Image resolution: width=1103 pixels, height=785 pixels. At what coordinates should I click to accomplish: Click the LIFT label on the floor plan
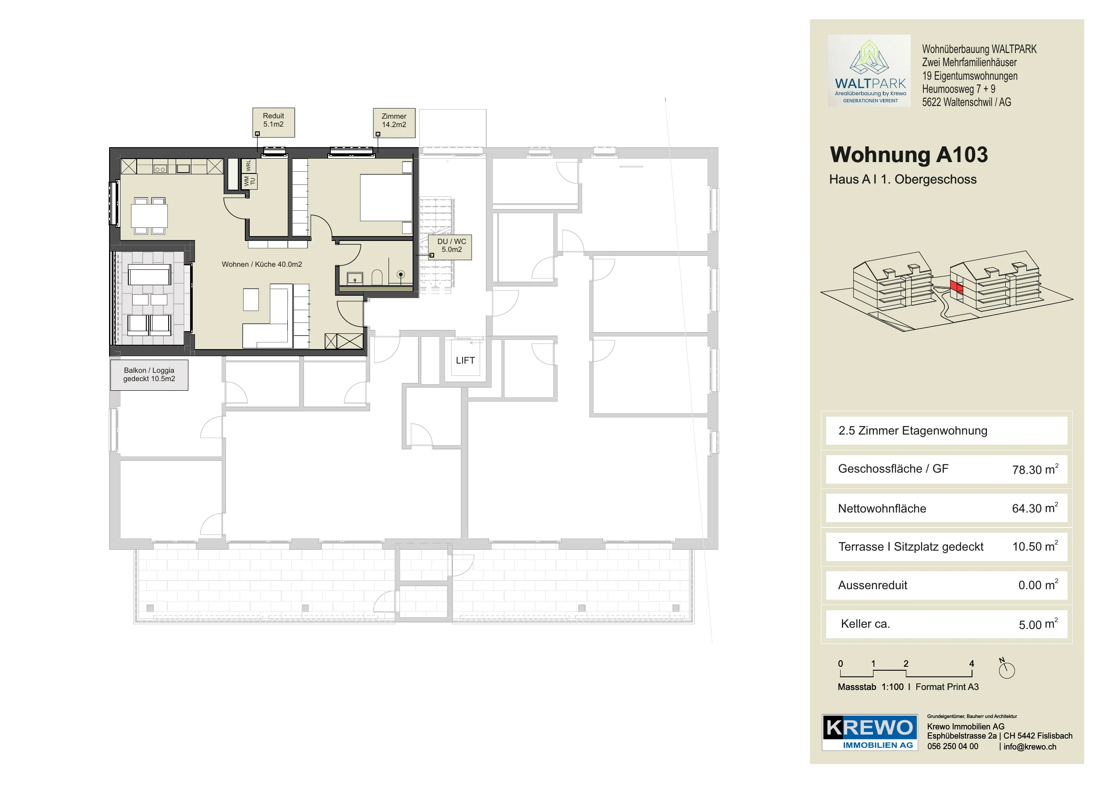pyautogui.click(x=465, y=360)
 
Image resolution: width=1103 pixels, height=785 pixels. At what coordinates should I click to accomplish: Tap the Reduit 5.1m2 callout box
pyautogui.click(x=274, y=122)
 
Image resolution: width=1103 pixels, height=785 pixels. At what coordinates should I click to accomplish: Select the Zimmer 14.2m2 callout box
pyautogui.click(x=394, y=123)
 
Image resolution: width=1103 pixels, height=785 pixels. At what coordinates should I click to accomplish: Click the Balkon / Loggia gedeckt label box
pyautogui.click(x=149, y=375)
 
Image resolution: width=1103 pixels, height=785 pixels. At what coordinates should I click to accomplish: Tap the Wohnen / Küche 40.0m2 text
pyautogui.click(x=262, y=265)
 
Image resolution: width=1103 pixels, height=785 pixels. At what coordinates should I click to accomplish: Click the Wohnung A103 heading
pyautogui.click(x=909, y=155)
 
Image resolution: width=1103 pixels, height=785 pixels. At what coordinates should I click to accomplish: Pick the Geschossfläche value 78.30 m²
pyautogui.click(x=1035, y=469)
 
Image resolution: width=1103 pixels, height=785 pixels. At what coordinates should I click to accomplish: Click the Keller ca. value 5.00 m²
pyautogui.click(x=1038, y=624)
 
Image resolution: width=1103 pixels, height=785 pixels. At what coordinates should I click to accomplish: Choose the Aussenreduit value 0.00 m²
pyautogui.click(x=1038, y=585)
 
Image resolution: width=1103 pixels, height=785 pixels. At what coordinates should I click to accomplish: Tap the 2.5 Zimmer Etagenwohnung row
pyautogui.click(x=946, y=431)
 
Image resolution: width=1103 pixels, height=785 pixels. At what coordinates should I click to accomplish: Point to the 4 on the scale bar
pyautogui.click(x=972, y=664)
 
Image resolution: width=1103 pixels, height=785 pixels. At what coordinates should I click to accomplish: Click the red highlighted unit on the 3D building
pyautogui.click(x=956, y=286)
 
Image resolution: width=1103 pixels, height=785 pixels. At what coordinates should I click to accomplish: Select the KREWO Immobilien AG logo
pyautogui.click(x=870, y=732)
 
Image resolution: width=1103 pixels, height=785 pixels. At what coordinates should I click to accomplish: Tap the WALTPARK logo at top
pyautogui.click(x=869, y=71)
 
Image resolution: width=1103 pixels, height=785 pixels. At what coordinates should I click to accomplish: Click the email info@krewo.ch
pyautogui.click(x=1029, y=747)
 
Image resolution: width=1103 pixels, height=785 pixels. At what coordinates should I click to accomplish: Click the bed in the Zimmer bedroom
pyautogui.click(x=386, y=198)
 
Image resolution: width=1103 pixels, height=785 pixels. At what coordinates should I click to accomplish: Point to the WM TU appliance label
pyautogui.click(x=249, y=181)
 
